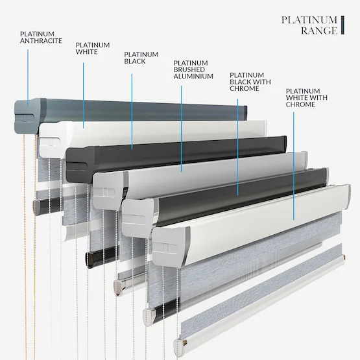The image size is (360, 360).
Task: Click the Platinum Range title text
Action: pyautogui.click(x=309, y=25)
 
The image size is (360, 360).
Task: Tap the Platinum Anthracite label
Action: pyautogui.click(x=41, y=37)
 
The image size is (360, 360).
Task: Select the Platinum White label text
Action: pyautogui.click(x=93, y=48)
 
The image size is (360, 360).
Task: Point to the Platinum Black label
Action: pyautogui.click(x=141, y=58)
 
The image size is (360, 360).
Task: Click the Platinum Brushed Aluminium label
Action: pyautogui.click(x=193, y=69)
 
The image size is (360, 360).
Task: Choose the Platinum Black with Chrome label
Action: pyautogui.click(x=250, y=82)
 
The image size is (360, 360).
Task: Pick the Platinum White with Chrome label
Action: pyautogui.click(x=307, y=97)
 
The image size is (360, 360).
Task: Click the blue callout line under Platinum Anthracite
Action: pyautogui.click(x=28, y=78)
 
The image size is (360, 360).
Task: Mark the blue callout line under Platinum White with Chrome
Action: pyautogui.click(x=294, y=166)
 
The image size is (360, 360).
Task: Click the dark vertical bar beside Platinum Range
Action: pyautogui.click(x=342, y=25)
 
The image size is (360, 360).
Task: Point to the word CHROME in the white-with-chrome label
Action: pyautogui.click(x=300, y=104)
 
